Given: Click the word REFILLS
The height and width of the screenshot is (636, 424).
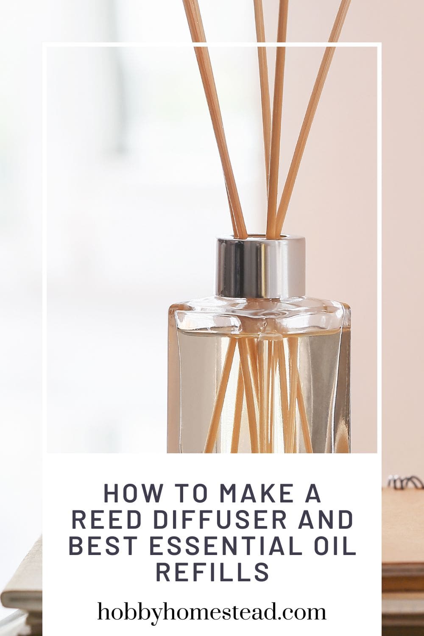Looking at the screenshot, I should [212, 572].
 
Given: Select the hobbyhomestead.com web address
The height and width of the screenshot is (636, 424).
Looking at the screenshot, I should [212, 612].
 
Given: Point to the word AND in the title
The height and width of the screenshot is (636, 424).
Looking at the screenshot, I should [327, 520].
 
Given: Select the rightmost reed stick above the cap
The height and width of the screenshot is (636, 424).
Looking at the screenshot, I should [314, 106].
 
